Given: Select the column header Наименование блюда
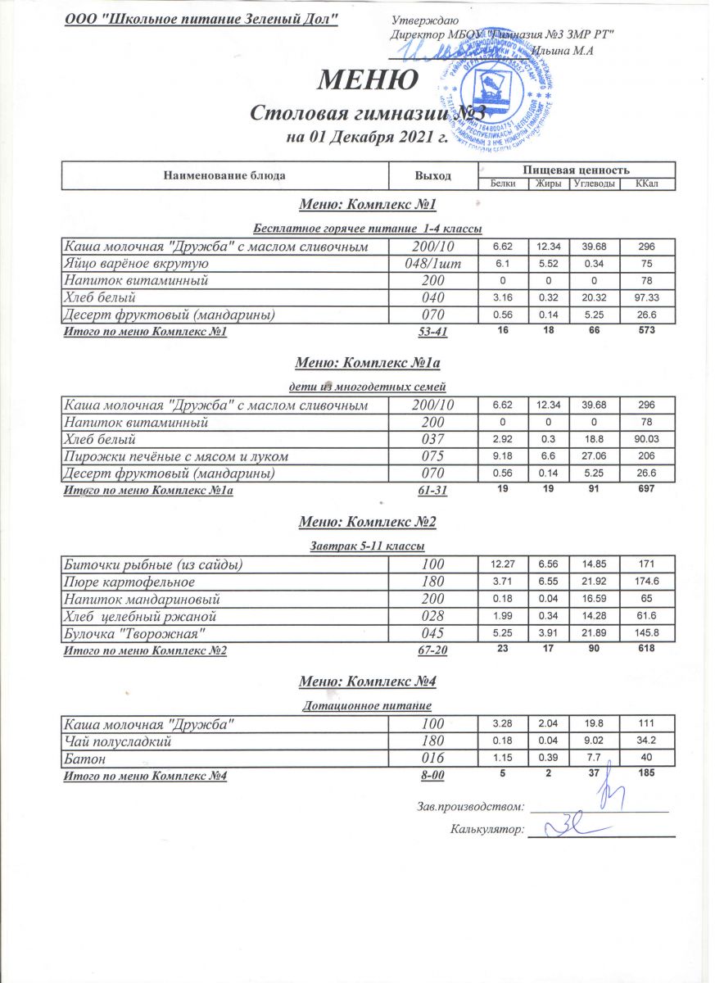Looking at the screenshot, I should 224,175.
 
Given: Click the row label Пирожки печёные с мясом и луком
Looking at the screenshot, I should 175,455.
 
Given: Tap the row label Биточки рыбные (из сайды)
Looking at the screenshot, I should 154,564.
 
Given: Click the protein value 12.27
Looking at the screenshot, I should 503,564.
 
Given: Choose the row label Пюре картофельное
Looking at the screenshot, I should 129,582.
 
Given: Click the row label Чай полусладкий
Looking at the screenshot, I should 117,741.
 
